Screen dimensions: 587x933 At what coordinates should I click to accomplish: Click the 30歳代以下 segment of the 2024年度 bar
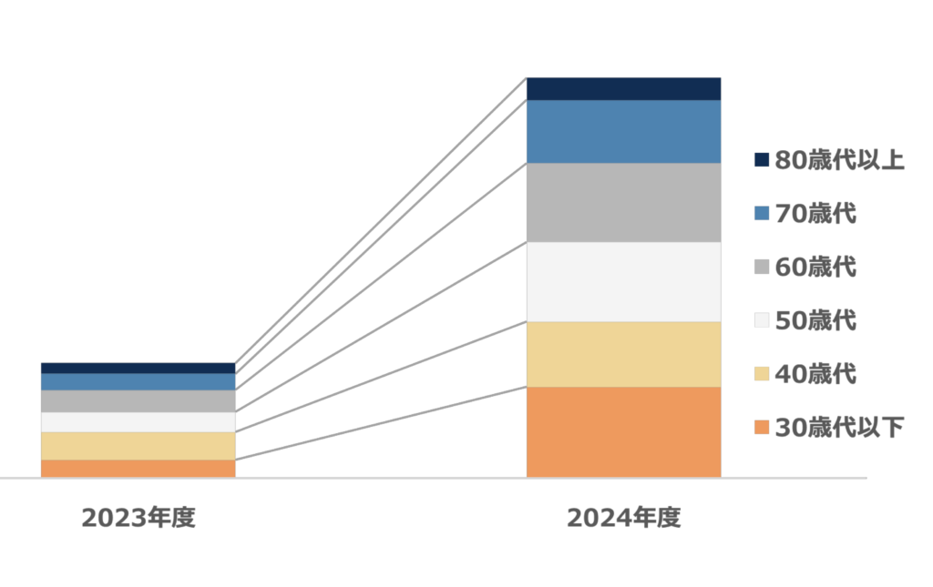pos(623,431)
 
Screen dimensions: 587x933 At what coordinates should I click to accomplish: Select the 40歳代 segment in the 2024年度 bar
pos(623,354)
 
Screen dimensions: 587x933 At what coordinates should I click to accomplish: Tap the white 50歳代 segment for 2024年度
pos(623,282)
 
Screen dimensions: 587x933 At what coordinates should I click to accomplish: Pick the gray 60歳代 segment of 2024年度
pos(623,203)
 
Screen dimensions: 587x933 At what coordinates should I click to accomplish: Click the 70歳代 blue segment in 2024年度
pos(623,132)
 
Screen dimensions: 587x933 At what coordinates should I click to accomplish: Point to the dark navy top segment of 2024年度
pos(623,89)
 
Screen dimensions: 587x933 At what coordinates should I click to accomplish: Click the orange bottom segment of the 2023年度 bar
pos(138,468)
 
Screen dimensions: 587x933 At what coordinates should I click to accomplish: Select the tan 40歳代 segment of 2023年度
pos(138,446)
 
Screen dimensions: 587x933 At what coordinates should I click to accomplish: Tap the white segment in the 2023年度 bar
pos(138,422)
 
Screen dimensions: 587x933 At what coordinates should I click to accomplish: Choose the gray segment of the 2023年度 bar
pos(138,401)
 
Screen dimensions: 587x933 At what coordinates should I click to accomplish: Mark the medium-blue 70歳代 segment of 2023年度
pos(138,382)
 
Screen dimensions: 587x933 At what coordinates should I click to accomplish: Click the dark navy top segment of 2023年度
pos(138,369)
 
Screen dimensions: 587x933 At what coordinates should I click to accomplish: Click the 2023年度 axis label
pos(138,518)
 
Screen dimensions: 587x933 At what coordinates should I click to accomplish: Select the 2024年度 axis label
pos(624,518)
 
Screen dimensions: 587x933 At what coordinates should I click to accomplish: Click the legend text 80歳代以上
pos(839,161)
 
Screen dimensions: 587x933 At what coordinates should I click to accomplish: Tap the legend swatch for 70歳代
pos(762,215)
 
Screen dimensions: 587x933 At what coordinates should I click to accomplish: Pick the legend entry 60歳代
pos(815,268)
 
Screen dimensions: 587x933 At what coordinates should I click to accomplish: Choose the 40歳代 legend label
pos(815,374)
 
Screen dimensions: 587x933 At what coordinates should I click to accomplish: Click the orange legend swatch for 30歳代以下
pos(762,428)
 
